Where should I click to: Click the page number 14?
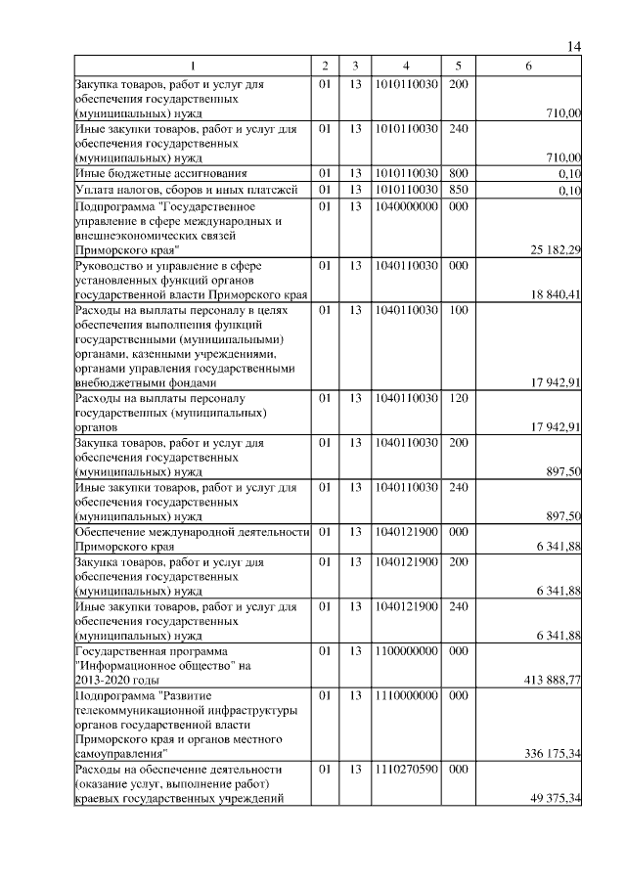click(x=574, y=48)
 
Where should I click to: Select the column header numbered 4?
click(x=405, y=66)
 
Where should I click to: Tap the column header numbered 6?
click(x=528, y=66)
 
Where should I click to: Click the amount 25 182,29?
click(x=556, y=250)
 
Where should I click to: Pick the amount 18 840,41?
click(x=556, y=294)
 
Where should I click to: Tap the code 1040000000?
click(x=405, y=207)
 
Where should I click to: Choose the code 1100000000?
click(x=405, y=650)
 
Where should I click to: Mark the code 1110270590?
click(x=405, y=770)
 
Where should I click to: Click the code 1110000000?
click(x=405, y=695)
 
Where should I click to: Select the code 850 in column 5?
click(x=458, y=190)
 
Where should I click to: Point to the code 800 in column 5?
click(x=458, y=173)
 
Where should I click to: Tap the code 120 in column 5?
click(x=458, y=398)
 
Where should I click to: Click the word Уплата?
click(x=96, y=190)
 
